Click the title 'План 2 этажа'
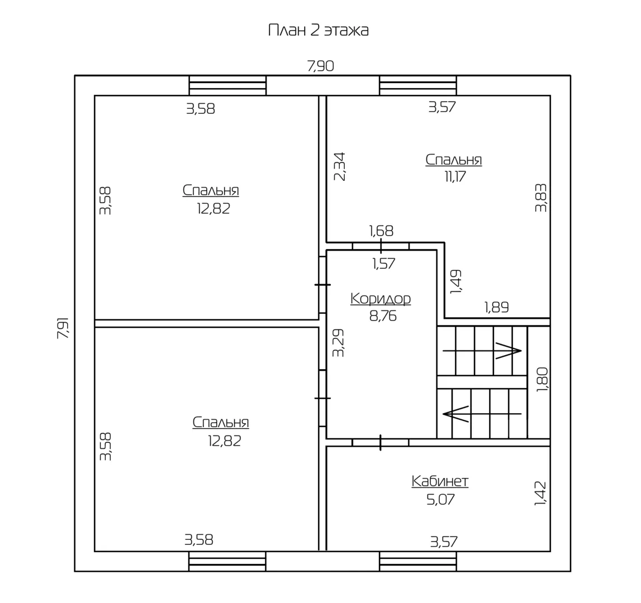[319, 31]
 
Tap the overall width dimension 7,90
[321, 66]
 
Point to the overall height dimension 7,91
[63, 328]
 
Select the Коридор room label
[381, 299]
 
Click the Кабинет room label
[440, 481]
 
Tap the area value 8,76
[383, 316]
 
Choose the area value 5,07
[440, 499]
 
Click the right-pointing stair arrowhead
[509, 351]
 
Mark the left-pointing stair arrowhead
[455, 414]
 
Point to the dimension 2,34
[340, 166]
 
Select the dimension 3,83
[541, 198]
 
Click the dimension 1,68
[381, 231]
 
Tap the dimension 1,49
[455, 281]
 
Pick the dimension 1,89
[497, 307]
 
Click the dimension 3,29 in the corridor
[338, 343]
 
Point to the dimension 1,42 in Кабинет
[540, 493]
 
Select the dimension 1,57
[384, 264]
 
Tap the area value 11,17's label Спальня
[454, 159]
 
